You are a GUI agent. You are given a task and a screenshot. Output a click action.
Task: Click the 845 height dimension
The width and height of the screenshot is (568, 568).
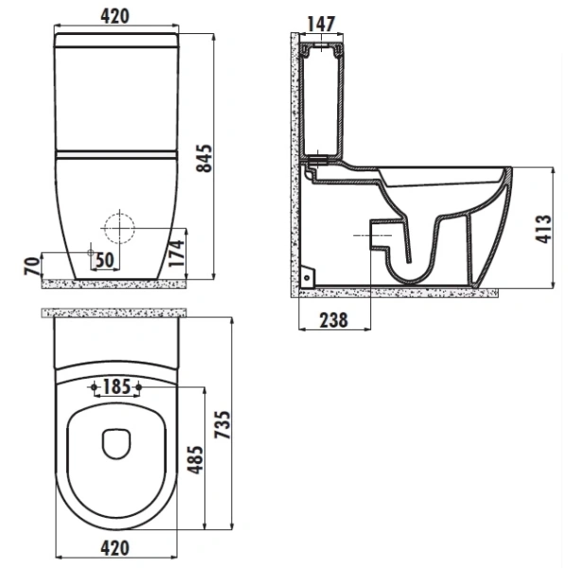[204, 158]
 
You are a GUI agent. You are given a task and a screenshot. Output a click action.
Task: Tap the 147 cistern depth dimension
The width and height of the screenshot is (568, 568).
[321, 25]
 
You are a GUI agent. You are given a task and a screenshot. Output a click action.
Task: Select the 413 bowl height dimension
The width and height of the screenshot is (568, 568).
[542, 229]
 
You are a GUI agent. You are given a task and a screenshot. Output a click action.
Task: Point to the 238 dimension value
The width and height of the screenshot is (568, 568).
[333, 320]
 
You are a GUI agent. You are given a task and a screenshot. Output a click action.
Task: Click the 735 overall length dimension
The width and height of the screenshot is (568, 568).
[222, 424]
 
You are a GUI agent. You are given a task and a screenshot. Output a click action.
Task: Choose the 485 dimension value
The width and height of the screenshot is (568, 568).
[195, 460]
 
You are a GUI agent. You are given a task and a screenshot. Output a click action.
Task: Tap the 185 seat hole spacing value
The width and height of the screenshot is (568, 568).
[116, 386]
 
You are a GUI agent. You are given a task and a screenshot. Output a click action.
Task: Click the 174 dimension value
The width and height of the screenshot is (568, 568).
[177, 254]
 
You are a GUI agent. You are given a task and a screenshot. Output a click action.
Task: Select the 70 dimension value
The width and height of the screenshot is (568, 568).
[32, 266]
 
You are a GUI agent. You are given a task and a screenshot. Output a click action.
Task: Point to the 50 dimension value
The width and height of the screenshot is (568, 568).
[105, 259]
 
